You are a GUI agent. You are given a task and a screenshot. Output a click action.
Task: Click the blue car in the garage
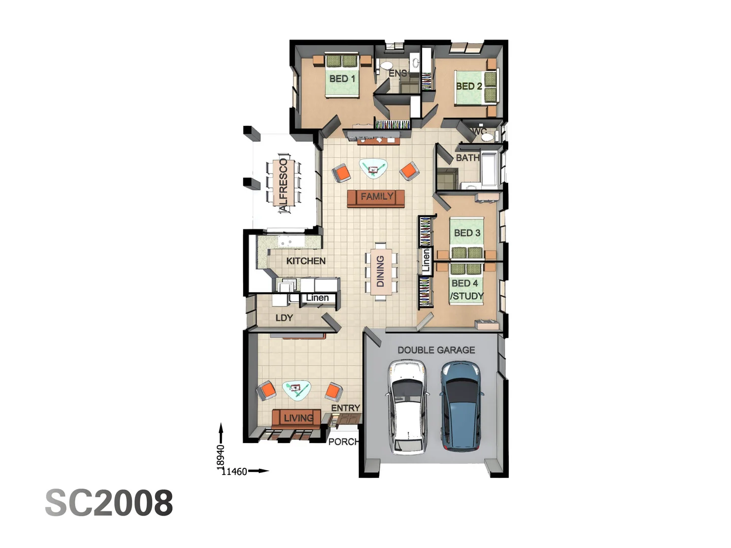tap(461, 406)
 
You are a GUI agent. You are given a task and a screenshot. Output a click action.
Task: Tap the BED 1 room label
tap(342, 79)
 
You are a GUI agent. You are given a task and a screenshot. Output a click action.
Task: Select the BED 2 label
tap(469, 86)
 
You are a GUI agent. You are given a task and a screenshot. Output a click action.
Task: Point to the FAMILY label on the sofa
tap(377, 196)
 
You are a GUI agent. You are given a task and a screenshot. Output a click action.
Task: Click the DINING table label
tap(380, 271)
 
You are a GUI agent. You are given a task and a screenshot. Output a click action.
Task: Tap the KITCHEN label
tap(306, 261)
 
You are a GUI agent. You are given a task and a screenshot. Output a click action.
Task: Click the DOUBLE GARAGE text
tap(436, 350)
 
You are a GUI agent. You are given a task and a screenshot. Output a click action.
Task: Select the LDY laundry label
tap(284, 318)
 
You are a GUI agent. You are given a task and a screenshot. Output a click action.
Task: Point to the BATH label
tap(467, 158)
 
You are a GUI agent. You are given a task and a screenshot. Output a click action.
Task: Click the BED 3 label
tap(467, 233)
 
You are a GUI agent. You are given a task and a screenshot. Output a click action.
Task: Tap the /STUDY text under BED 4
tap(467, 296)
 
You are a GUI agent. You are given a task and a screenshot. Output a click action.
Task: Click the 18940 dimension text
tap(220, 457)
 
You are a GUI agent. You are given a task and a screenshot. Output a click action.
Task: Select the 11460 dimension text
tap(235, 471)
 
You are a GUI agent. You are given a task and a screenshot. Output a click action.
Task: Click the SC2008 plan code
tap(109, 503)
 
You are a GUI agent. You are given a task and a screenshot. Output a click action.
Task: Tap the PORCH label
tap(343, 441)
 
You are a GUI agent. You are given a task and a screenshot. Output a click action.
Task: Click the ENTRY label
tap(345, 408)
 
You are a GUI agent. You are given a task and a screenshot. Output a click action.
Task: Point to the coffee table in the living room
tap(296, 389)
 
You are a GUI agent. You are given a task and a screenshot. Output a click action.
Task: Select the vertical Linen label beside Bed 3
tap(426, 261)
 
